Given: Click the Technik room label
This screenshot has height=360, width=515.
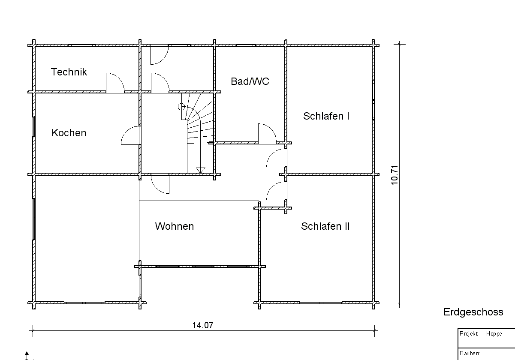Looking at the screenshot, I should point(69,72).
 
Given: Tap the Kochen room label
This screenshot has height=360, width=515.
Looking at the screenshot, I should point(69,133).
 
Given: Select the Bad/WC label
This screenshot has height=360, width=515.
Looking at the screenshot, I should point(250,81).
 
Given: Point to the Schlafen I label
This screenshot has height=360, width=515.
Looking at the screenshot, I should point(326,116).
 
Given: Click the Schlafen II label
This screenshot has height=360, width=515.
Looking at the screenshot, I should point(325,226).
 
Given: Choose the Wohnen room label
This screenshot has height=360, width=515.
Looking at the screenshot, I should point(174,226).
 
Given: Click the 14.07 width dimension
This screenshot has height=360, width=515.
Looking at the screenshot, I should point(202,325).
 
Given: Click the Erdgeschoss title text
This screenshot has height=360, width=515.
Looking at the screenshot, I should point(473,312).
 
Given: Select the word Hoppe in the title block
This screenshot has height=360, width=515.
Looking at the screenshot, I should point(494,334).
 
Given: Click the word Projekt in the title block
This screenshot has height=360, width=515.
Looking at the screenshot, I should point(469,334).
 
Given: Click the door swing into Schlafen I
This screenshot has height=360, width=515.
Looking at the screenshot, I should point(276,158).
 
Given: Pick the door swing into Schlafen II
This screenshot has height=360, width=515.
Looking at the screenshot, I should point(276,191).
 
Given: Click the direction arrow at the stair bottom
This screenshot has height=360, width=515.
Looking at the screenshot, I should point(200,170).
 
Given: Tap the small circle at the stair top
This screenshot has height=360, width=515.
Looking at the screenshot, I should point(181,106).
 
